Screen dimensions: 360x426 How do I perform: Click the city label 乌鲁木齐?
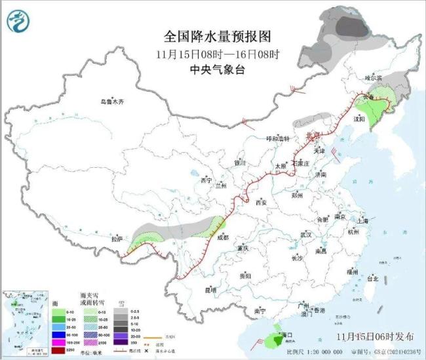point(112,102)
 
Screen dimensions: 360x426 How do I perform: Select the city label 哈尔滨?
point(372,78)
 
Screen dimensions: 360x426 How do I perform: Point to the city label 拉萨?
point(115,238)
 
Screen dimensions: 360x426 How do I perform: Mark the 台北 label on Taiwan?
point(372,279)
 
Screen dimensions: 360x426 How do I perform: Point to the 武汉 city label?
point(305,234)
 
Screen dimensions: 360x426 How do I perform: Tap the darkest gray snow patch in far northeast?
point(352,27)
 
